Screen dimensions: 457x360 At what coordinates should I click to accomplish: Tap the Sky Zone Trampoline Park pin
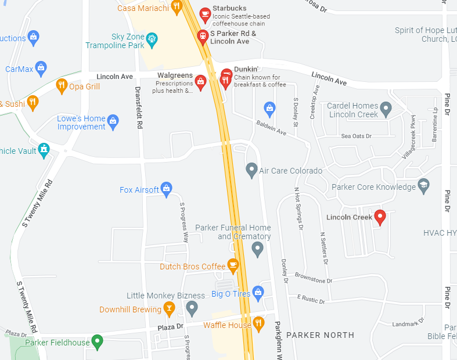tap(153, 39)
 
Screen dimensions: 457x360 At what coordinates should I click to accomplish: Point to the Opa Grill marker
tap(62, 86)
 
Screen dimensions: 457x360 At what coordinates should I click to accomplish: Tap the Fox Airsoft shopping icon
tap(167, 188)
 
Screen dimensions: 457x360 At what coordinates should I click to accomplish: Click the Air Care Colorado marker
tap(251, 170)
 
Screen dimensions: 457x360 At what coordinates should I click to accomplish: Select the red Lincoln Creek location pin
tap(380, 217)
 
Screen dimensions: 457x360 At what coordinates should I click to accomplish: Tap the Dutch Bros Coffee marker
tap(233, 265)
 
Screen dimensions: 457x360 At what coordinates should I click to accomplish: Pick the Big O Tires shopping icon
tap(259, 293)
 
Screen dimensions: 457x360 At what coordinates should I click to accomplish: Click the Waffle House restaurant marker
tap(259, 323)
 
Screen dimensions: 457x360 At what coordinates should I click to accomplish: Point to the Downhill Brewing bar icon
tap(170, 308)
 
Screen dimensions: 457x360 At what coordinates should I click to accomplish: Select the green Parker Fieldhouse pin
tap(98, 342)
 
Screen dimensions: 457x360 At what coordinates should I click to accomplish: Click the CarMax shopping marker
tap(41, 68)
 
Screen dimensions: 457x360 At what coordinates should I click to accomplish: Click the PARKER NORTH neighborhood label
tap(320, 335)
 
